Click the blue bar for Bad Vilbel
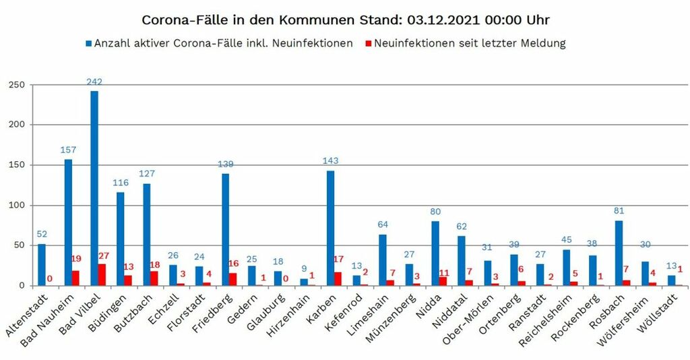point(94,188)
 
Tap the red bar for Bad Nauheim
point(75,278)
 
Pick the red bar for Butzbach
point(154,278)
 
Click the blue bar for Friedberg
point(225,229)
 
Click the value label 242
point(94,82)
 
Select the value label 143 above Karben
point(330,161)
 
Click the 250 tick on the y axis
point(16,85)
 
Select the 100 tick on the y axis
point(16,206)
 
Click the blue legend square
point(88,44)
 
